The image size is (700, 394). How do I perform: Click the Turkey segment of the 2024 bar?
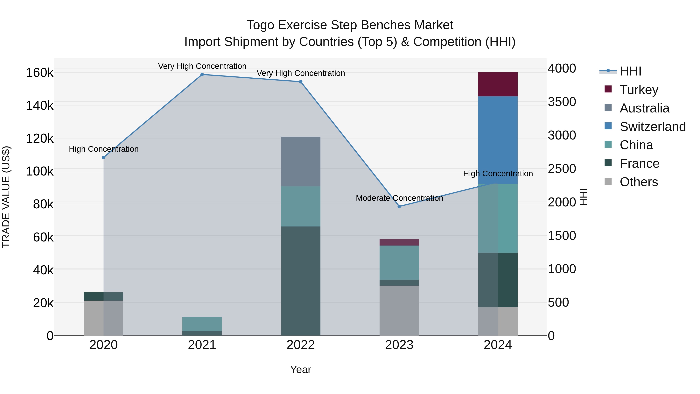[498, 84]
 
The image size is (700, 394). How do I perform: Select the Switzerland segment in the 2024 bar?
[498, 140]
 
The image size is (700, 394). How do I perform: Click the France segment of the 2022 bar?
[301, 281]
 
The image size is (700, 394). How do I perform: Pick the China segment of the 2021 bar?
[202, 324]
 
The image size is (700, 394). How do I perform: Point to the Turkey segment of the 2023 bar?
[399, 242]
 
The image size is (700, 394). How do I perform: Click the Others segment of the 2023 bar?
[399, 310]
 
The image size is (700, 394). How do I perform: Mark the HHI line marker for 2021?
[202, 75]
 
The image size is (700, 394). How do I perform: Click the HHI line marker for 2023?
[399, 206]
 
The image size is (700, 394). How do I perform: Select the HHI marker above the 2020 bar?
[103, 157]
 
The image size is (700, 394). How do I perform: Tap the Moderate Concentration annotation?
[399, 198]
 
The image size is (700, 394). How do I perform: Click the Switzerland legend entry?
[652, 127]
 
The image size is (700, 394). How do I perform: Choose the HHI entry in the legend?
[630, 71]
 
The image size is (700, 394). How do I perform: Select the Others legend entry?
[638, 182]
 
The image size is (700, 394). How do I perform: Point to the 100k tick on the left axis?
[40, 172]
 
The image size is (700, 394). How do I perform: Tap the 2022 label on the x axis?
[301, 345]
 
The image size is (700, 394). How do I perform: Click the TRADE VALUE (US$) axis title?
[6, 197]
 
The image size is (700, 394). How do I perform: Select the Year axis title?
[301, 369]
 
